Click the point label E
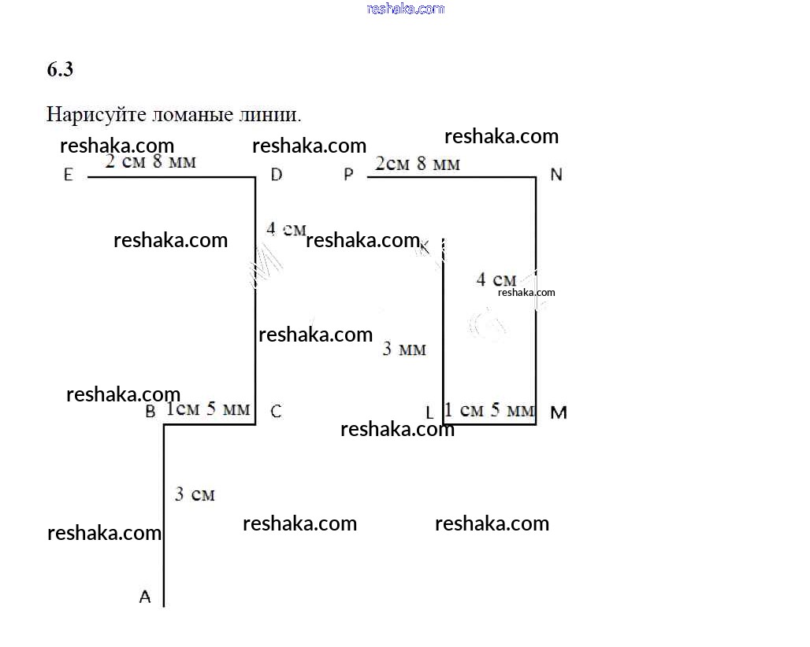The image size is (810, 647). coord(68,176)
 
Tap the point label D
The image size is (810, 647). coord(276,175)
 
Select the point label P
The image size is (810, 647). coord(348,176)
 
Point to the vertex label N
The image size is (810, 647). coord(556,175)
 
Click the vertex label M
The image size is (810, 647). coord(558,412)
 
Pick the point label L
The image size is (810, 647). coord(429,412)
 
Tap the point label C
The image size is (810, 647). coord(276,411)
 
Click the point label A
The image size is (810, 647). coord(145,597)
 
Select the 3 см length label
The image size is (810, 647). coord(195,494)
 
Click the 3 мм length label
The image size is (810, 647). coord(404,349)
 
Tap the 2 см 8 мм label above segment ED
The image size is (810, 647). coord(150,162)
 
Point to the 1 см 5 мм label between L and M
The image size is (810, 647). coord(489,410)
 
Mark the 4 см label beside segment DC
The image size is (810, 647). coord(285,230)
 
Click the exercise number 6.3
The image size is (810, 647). coord(60,70)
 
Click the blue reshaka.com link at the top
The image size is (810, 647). coord(406,9)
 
